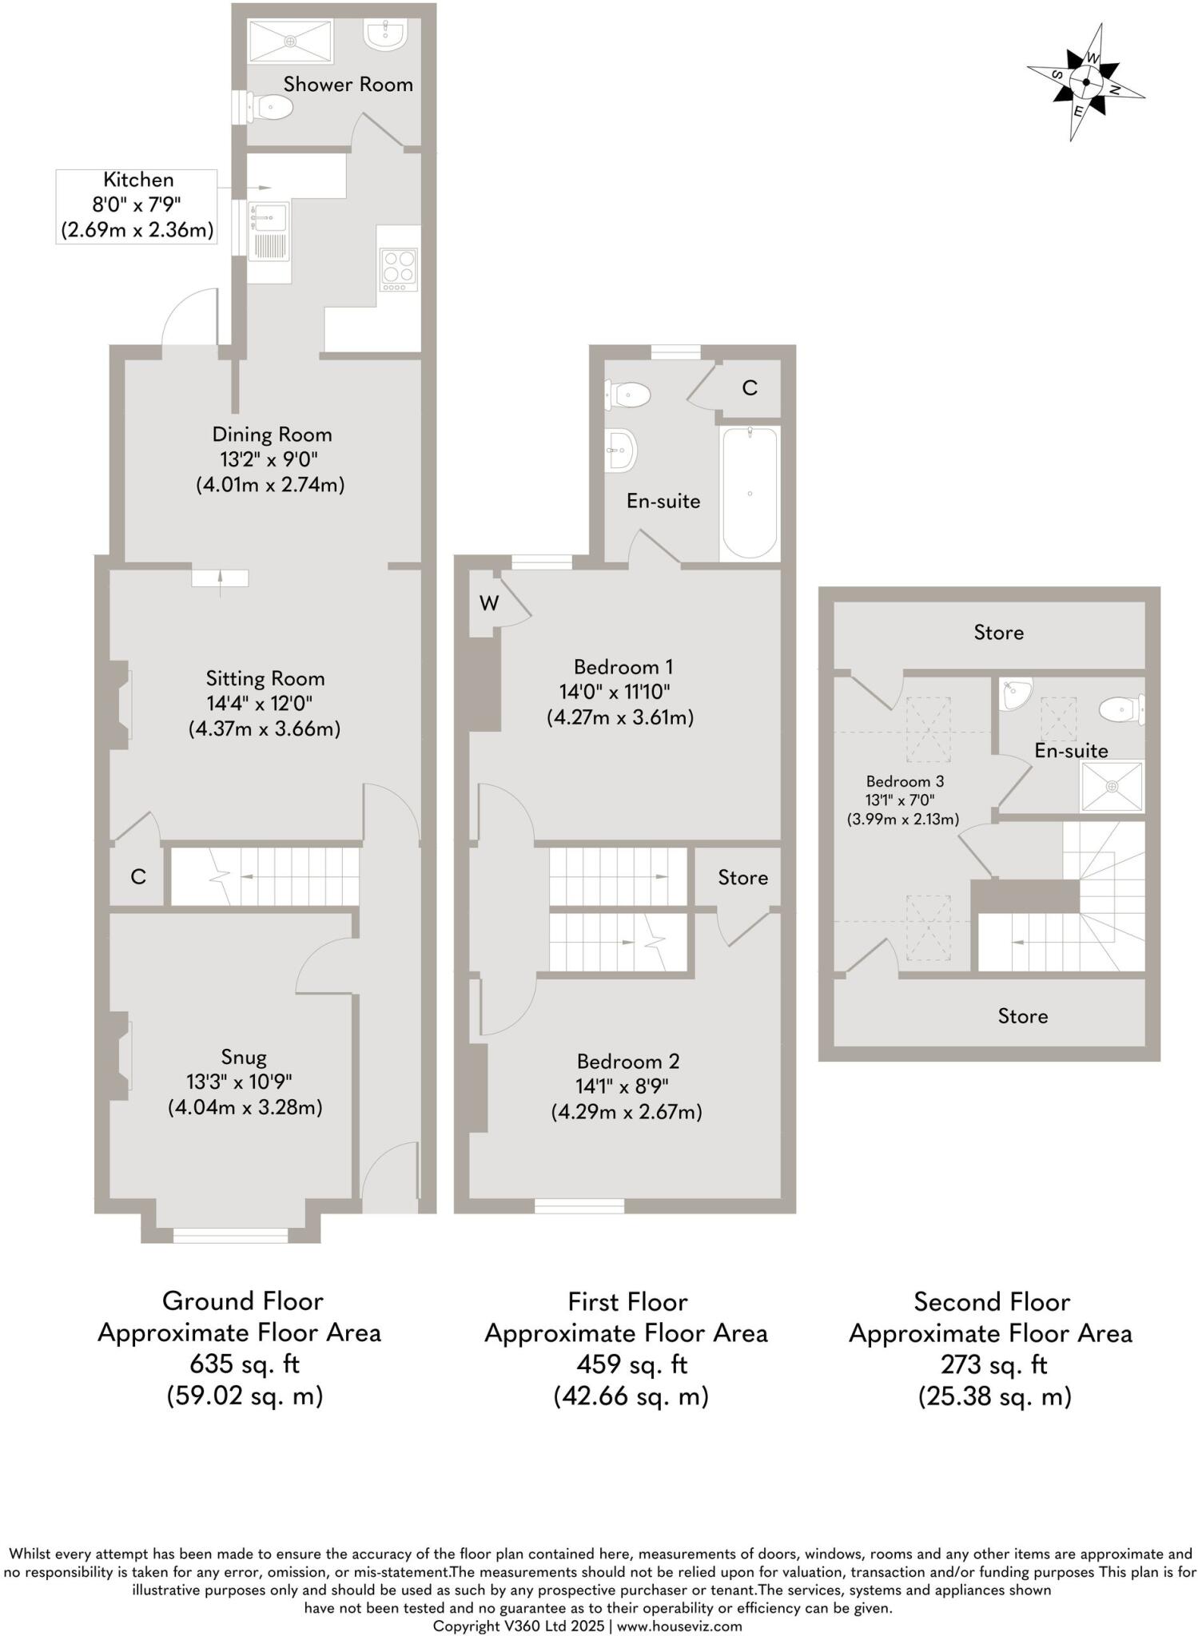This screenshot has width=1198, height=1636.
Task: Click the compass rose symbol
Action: click(1085, 81)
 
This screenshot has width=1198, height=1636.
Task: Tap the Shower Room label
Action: click(348, 84)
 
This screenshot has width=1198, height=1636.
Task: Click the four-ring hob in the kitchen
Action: click(399, 270)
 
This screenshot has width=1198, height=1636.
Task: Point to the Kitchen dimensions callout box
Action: click(137, 205)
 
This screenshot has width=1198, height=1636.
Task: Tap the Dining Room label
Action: click(272, 435)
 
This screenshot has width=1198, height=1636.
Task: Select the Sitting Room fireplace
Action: click(119, 705)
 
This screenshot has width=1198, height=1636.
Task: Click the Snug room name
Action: click(244, 1057)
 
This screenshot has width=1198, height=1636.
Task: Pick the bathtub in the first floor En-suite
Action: click(750, 493)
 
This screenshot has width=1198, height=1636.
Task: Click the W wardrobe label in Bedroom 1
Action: click(489, 603)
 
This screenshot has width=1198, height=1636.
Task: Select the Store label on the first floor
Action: click(742, 877)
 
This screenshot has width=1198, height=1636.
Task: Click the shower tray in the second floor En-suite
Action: click(1112, 787)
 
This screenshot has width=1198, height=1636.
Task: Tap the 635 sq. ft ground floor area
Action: click(244, 1363)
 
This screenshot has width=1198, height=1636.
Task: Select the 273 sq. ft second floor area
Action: click(993, 1364)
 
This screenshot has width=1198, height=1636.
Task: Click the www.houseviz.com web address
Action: click(679, 1626)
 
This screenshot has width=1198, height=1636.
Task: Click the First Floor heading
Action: click(627, 1302)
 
